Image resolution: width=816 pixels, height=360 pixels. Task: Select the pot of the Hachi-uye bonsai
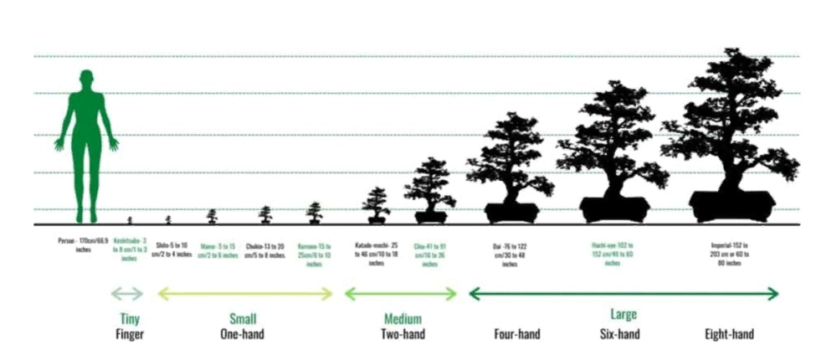[x=615, y=209]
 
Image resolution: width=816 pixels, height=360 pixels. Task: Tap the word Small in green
[x=243, y=318]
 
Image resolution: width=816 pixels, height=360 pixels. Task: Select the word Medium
[x=403, y=318]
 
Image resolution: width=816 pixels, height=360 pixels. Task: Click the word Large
[x=623, y=315]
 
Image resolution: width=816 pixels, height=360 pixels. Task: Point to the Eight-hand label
[x=729, y=334]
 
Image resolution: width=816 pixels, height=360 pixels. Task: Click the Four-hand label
[x=516, y=334]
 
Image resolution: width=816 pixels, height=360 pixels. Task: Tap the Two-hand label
[x=403, y=334]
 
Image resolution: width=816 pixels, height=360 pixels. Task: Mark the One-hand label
[x=243, y=334]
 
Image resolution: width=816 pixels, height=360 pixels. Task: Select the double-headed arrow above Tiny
[x=128, y=293]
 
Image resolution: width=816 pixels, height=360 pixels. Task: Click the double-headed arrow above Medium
[x=401, y=293]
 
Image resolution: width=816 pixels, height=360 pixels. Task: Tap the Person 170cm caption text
[x=81, y=244]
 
